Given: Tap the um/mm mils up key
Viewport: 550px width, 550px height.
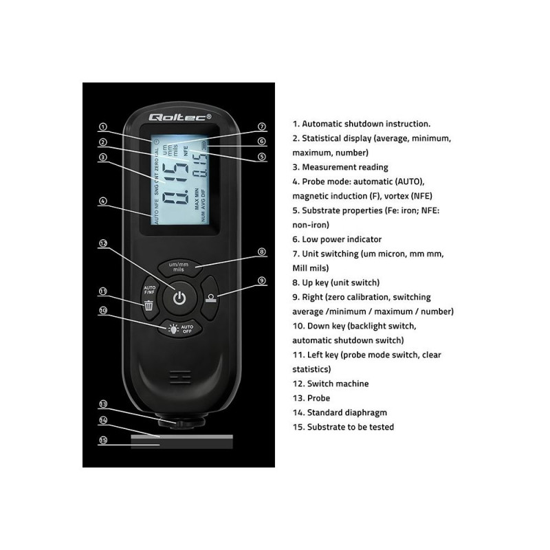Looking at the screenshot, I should coord(179,267).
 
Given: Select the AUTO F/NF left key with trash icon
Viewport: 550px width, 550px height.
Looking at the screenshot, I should coord(148,296).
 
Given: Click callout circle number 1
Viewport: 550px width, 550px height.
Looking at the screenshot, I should coord(102,126).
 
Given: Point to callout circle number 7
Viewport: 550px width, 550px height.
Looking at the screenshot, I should coord(261,126).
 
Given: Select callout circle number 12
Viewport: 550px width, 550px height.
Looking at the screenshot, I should coord(103,243).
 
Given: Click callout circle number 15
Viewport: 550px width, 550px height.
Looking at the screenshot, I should coord(103,440).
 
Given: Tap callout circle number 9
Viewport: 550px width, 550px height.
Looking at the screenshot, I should coord(261,280).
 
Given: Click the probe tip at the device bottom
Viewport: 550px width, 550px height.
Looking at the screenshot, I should coord(179,419).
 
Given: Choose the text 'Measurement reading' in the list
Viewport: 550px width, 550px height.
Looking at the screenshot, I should coord(340,167).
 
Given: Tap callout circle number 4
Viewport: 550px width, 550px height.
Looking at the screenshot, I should coord(102,201).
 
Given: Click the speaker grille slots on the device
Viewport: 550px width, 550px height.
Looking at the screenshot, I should coord(179,377).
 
